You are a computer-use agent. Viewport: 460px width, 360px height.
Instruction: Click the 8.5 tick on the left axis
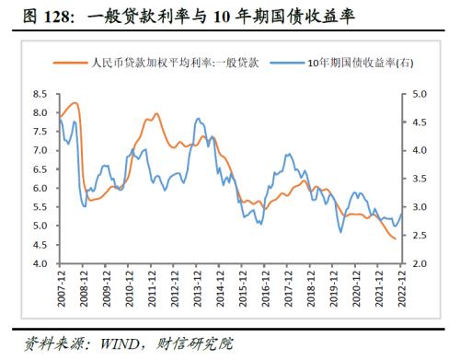click(41, 94)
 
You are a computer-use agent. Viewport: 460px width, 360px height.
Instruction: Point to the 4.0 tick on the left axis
click(41, 263)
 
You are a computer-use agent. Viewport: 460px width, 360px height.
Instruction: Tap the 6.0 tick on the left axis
click(41, 188)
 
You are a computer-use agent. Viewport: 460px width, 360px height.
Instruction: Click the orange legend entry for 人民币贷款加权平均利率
click(174, 63)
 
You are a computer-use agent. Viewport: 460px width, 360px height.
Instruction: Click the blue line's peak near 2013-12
click(197, 119)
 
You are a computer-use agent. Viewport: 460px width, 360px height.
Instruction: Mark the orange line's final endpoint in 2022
click(397, 239)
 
